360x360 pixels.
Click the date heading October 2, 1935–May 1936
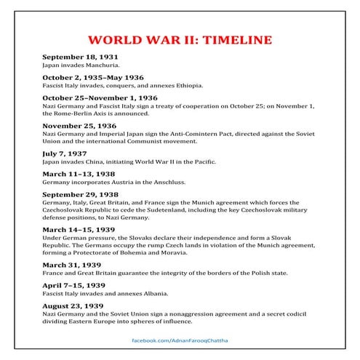click(93, 76)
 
